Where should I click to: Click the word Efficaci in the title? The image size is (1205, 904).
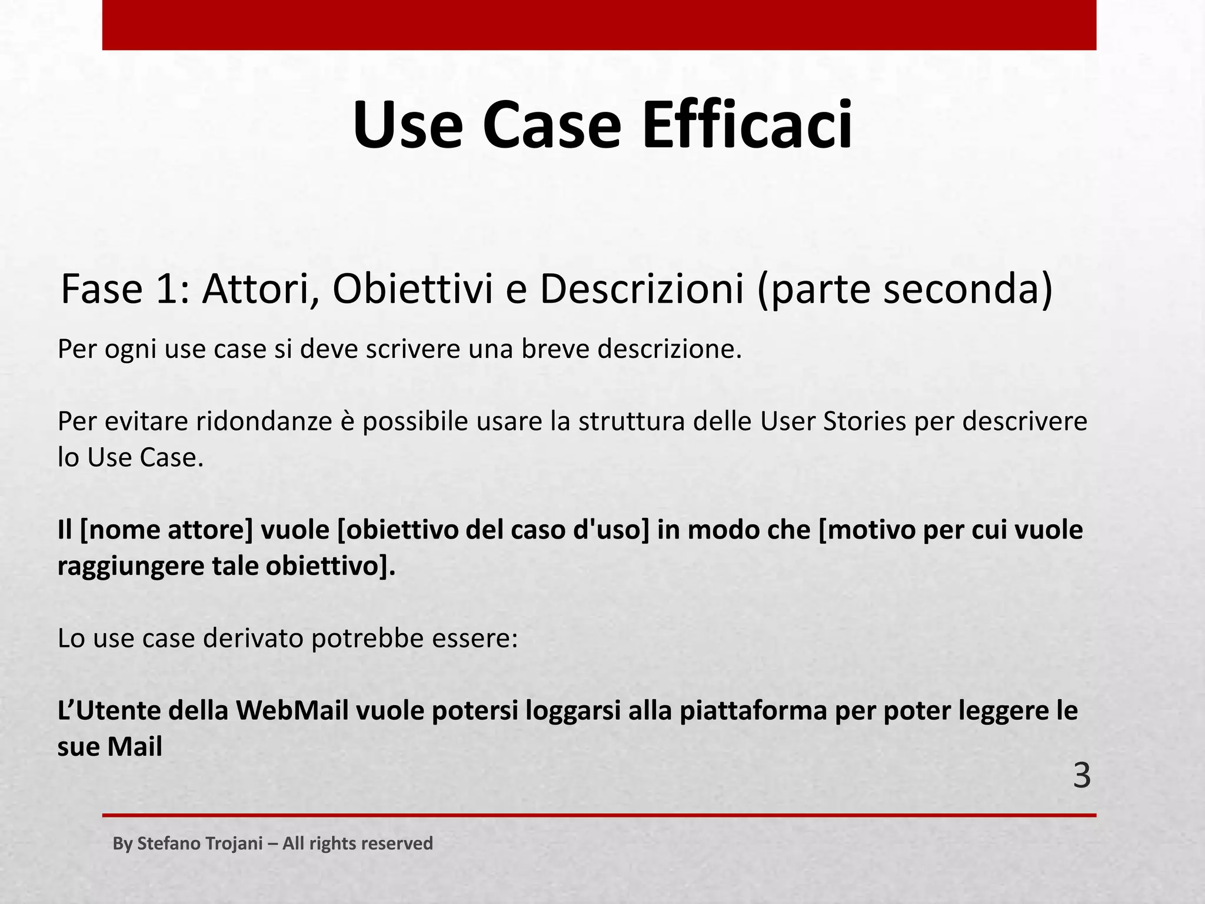pyautogui.click(x=747, y=125)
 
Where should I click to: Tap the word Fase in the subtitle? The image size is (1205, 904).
pyautogui.click(x=101, y=290)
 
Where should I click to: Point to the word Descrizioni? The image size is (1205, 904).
pyautogui.click(x=641, y=290)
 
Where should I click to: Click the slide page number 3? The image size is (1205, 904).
pyautogui.click(x=1081, y=776)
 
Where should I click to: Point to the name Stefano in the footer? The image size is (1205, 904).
pyautogui.click(x=162, y=843)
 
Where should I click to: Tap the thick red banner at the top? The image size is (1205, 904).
pyautogui.click(x=599, y=25)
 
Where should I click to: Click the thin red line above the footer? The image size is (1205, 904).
pyautogui.click(x=599, y=815)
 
